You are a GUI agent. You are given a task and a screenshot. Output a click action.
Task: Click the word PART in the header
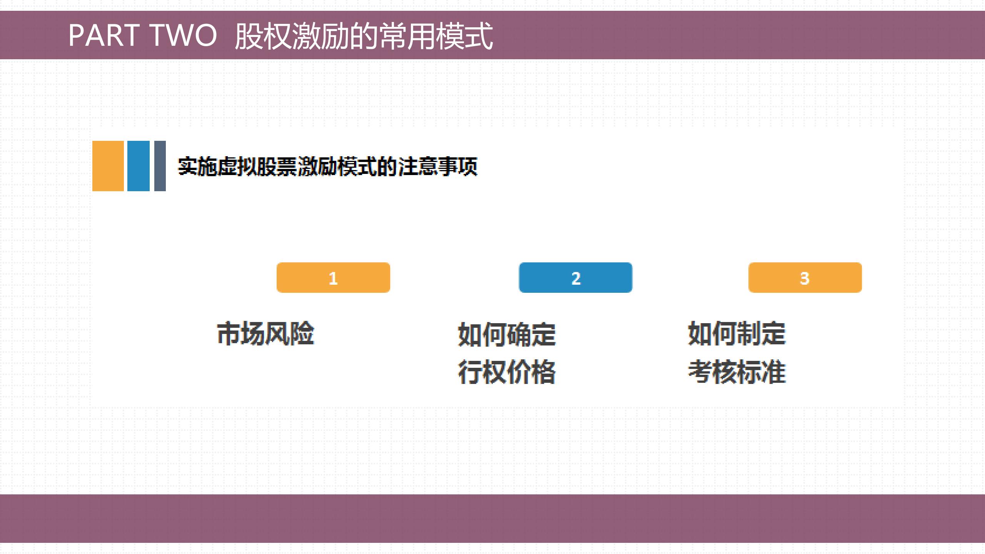104,35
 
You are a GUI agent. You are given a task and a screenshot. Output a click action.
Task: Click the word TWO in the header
183,35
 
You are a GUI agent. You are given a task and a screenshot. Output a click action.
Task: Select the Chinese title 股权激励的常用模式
364,36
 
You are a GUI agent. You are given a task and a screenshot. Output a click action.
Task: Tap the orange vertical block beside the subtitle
108,166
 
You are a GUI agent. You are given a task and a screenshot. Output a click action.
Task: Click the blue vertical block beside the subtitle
138,166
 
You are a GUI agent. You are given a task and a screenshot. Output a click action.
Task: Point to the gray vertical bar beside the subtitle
160,166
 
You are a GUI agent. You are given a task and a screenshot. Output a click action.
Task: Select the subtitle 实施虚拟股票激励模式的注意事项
327,167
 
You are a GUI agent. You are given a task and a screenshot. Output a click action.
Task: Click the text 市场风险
265,334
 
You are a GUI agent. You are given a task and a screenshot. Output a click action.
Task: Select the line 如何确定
507,334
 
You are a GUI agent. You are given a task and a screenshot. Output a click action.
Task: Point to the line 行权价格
507,372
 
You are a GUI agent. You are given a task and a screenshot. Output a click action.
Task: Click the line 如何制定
736,333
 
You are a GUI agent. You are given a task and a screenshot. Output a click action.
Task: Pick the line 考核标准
736,372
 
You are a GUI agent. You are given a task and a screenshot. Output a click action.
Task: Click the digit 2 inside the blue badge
576,278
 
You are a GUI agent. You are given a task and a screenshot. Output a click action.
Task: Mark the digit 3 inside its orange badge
805,278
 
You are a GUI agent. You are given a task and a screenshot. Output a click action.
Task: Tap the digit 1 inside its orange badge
333,278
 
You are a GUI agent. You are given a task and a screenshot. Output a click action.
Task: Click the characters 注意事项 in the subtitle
438,167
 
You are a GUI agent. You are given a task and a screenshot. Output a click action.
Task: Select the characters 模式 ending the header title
464,36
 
